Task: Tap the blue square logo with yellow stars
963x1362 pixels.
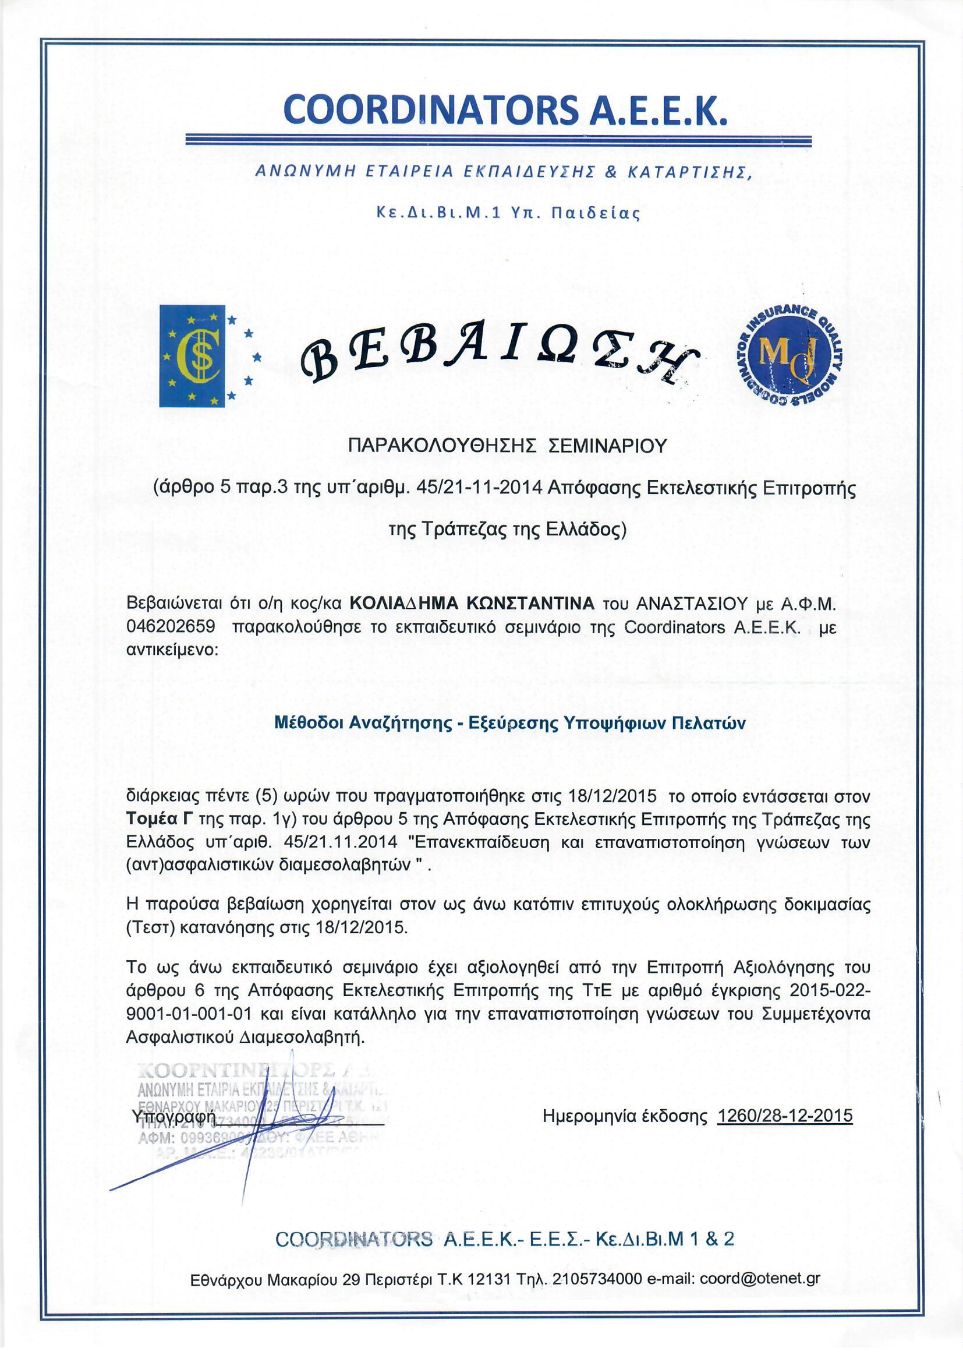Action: tap(192, 356)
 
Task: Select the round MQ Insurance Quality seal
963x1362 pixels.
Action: tap(791, 356)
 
